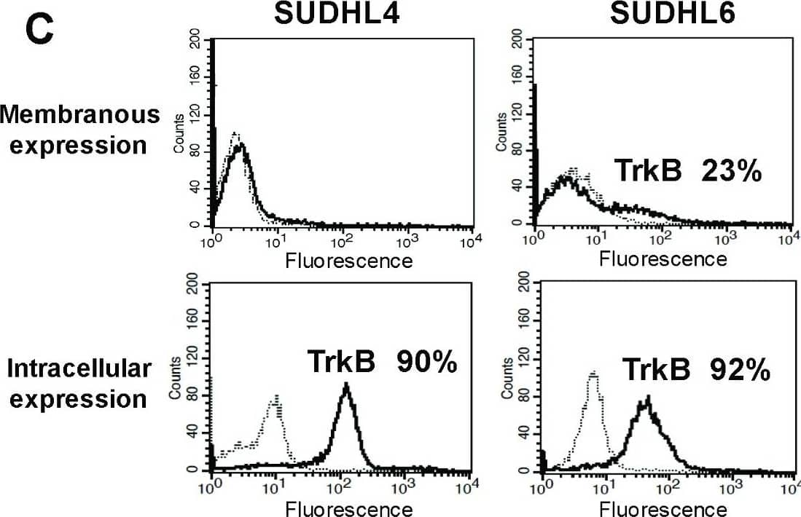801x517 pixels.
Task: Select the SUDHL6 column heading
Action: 662,12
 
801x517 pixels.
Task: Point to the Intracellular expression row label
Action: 79,384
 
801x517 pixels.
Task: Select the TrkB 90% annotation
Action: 382,362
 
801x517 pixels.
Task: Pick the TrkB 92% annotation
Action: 696,370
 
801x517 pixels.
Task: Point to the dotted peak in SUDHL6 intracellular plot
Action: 593,376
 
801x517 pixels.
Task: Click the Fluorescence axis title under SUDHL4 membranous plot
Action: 348,260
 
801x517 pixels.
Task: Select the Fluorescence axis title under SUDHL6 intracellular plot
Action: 663,508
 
